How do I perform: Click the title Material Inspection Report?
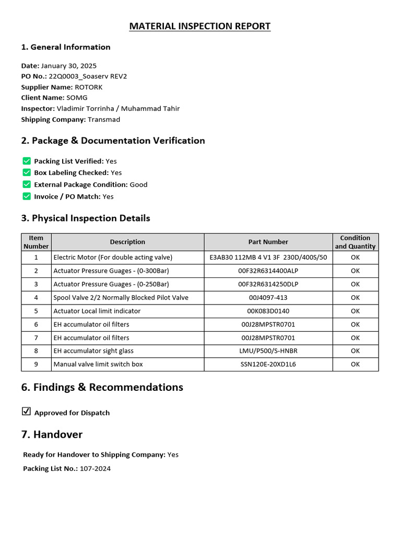(200, 26)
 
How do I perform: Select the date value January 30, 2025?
(68, 66)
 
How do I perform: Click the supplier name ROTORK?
(89, 87)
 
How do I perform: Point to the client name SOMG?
(77, 98)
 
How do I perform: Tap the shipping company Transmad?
(104, 120)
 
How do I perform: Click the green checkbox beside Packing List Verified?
(27, 161)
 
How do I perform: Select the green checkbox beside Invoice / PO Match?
(27, 196)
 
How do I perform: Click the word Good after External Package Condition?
(138, 184)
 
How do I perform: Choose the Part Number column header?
(268, 242)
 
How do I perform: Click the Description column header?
(127, 242)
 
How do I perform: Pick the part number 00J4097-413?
(268, 298)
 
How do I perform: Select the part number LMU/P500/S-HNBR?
(268, 351)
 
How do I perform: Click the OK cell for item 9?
(355, 364)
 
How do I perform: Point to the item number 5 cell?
(36, 311)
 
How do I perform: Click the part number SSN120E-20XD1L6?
(268, 364)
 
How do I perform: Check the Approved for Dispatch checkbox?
(26, 412)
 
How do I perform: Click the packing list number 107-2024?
(95, 469)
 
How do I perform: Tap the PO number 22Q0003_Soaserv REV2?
(88, 76)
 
